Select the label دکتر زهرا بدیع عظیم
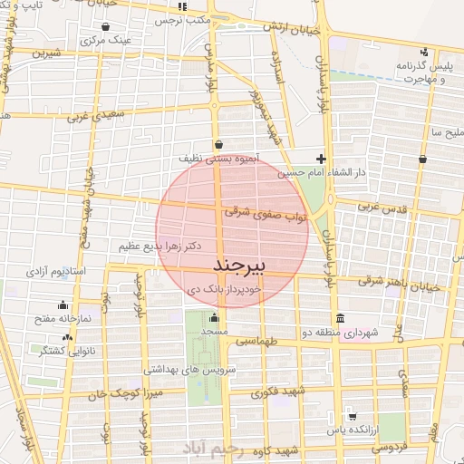tap(159, 246)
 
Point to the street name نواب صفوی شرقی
tap(280, 214)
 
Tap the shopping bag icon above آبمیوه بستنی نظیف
tap(219, 143)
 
